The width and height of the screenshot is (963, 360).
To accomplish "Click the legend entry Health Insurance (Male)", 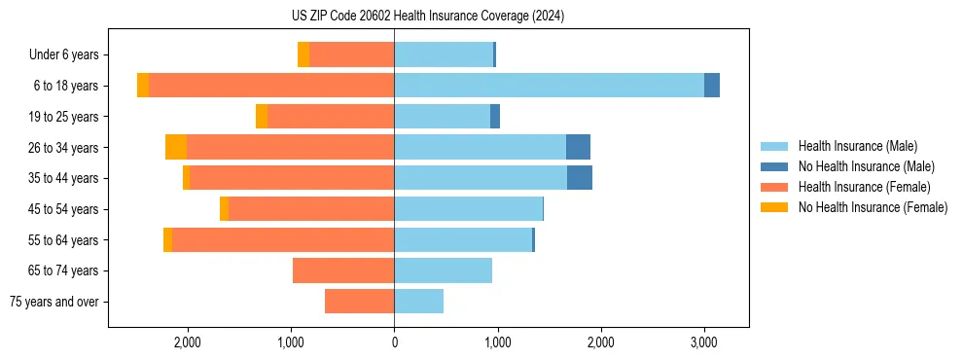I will pos(857,146).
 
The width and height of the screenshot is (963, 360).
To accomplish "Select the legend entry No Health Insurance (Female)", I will pos(873,207).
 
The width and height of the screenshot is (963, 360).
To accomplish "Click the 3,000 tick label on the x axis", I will pos(704,342).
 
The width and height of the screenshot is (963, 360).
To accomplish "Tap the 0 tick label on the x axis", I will pos(394,342).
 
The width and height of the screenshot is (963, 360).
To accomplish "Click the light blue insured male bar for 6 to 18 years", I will pos(549,86).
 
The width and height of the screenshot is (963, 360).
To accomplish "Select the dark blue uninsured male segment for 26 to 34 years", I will pos(578,147).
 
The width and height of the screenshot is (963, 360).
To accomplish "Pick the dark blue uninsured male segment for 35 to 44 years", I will pos(580,178).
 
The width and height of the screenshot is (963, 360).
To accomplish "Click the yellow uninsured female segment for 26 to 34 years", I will pos(176,147).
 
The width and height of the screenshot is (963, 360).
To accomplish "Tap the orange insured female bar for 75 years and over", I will pos(359,302).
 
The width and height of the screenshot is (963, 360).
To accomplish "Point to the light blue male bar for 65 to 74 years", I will pos(443,270).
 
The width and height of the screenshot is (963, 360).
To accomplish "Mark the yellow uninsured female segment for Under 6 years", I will pos(303,54).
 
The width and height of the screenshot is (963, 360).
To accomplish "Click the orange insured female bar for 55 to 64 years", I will pos(283,239).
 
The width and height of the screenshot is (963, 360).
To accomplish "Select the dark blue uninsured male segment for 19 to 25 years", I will pos(495,117).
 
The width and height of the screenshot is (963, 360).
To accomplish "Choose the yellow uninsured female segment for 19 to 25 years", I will pos(262,117).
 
